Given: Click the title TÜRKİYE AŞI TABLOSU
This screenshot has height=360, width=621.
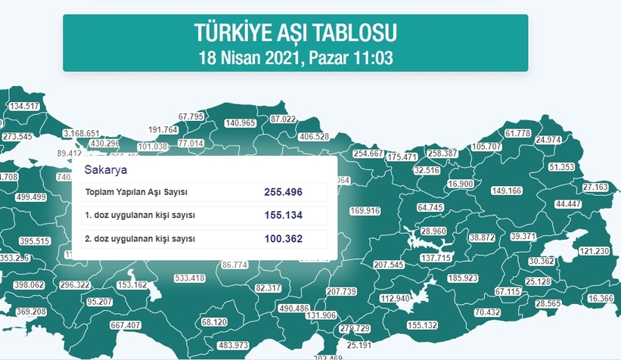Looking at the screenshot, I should [x=295, y=33].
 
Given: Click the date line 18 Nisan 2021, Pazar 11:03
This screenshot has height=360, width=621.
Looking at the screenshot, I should [x=295, y=57].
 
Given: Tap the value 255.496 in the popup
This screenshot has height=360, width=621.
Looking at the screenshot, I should [x=284, y=192].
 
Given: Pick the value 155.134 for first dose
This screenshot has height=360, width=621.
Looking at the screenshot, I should [x=284, y=216].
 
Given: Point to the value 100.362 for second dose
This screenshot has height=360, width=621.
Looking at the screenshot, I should [x=284, y=239].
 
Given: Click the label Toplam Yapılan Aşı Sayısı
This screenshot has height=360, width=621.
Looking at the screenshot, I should [x=136, y=192].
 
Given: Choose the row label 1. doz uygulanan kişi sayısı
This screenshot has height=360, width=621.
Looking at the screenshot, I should [x=141, y=216].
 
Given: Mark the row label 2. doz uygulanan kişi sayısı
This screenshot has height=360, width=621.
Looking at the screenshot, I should [x=141, y=239].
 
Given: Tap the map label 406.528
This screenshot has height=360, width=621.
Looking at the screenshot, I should [x=314, y=137].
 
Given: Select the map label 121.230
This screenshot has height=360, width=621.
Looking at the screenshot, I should [x=594, y=251].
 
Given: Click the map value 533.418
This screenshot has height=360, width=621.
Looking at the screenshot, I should [x=189, y=278].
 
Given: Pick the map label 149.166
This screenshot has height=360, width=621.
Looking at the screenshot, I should [x=507, y=191].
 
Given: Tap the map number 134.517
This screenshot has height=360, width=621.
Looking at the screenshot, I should [x=23, y=106].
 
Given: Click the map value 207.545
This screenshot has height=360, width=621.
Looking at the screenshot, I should [x=390, y=265].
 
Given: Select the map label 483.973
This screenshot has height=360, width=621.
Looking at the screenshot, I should [x=233, y=346].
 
